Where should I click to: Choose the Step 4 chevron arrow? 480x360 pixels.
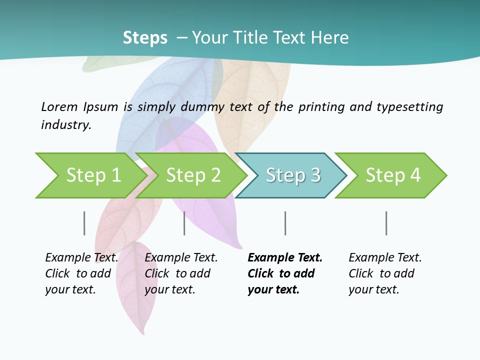click(393, 175)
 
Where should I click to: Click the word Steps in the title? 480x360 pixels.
click(145, 38)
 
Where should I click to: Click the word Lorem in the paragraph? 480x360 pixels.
click(59, 106)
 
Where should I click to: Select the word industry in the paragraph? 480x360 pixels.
click(66, 125)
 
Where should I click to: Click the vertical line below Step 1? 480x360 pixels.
click(84, 223)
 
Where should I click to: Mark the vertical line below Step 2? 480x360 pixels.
click(184, 223)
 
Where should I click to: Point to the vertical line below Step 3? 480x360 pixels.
click(285, 223)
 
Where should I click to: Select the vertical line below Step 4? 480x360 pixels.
click(386, 223)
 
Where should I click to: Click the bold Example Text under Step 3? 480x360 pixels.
click(285, 258)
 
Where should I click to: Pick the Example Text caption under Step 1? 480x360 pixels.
click(81, 258)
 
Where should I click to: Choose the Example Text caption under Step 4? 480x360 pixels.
click(385, 258)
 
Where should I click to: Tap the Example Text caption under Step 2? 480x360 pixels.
click(181, 258)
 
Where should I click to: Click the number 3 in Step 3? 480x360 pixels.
click(315, 175)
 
